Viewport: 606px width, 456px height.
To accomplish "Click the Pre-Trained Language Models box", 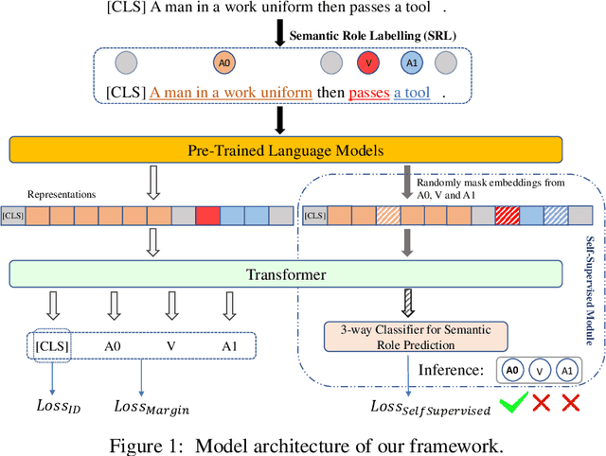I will [285, 149].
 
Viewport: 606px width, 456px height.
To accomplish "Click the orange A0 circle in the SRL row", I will [223, 63].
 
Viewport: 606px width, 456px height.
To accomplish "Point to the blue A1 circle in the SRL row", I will [410, 63].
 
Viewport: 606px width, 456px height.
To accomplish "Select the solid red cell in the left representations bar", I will [207, 216].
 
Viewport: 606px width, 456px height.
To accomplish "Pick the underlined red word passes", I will [369, 93].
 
